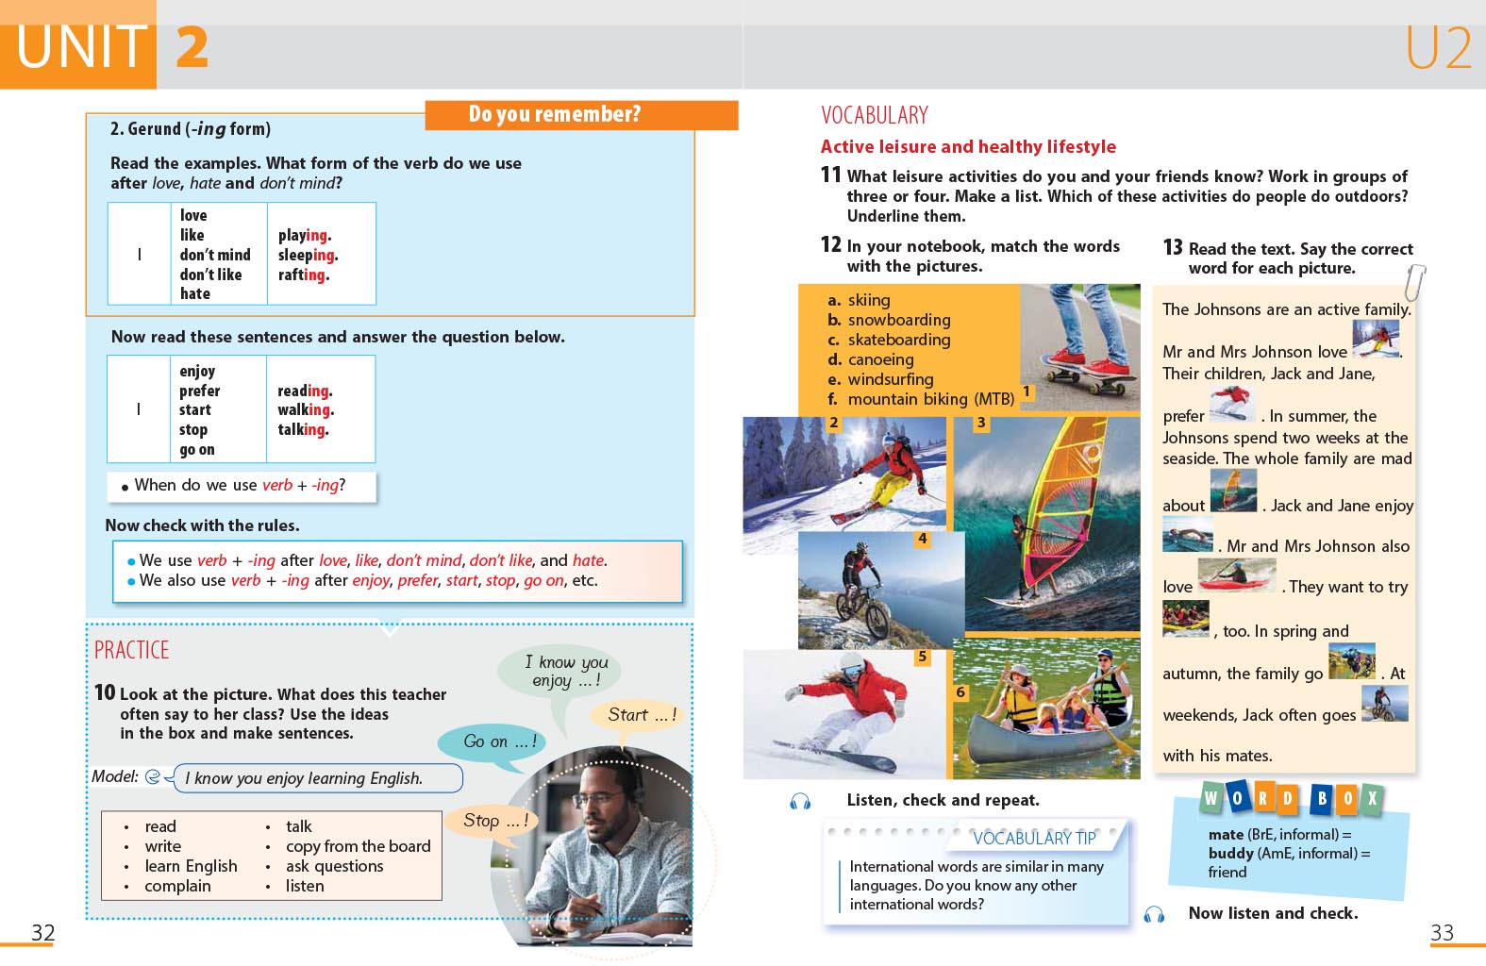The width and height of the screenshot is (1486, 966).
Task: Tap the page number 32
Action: (x=42, y=933)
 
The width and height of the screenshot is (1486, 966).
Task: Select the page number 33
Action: (x=1442, y=933)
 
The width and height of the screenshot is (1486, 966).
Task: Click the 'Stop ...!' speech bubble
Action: (x=495, y=821)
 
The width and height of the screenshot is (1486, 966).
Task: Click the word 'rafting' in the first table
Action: (x=302, y=275)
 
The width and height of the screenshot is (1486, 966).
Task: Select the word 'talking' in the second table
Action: (x=302, y=429)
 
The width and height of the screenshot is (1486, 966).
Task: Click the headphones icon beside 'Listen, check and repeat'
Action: (x=800, y=801)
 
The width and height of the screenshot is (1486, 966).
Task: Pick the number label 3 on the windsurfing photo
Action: (x=981, y=423)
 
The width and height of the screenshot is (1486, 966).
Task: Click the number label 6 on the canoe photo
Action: (x=960, y=691)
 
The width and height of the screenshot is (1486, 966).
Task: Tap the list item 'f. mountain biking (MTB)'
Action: (x=929, y=399)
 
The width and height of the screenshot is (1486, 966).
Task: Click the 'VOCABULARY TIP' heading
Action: (x=1034, y=838)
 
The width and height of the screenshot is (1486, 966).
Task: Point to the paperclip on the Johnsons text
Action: (x=1414, y=281)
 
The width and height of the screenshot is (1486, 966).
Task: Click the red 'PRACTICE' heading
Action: (x=131, y=650)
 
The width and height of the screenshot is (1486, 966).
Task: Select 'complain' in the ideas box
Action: (x=177, y=886)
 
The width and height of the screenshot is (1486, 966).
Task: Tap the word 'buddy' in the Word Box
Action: (x=1230, y=853)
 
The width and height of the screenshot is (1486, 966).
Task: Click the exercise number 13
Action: (x=1173, y=247)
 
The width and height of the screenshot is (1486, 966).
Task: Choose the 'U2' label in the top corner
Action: (x=1438, y=47)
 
